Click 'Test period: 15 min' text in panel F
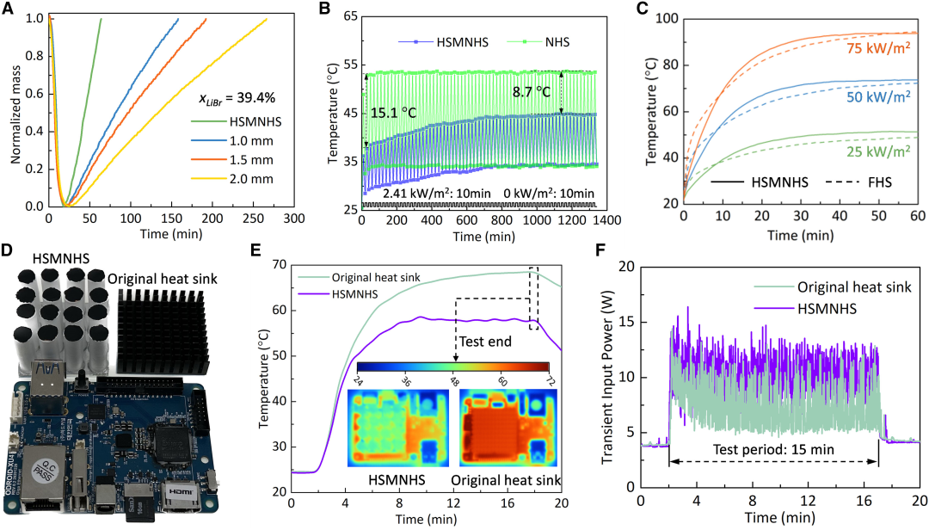[x=773, y=449]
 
